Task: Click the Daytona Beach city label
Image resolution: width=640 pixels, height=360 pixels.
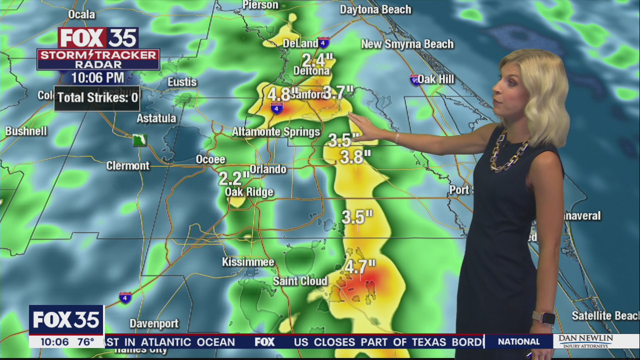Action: point(375,9)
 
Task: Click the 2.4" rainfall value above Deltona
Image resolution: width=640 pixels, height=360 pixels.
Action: point(317,60)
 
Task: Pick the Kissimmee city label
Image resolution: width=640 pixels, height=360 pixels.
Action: point(248,262)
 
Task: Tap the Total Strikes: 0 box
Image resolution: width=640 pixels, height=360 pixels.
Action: point(97,97)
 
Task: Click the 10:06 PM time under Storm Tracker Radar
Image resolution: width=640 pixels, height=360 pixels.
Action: point(97,77)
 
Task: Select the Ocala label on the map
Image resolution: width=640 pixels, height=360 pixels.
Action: point(81,14)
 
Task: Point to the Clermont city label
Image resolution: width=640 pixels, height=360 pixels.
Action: point(127,165)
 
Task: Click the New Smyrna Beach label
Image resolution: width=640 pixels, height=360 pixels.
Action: point(407,44)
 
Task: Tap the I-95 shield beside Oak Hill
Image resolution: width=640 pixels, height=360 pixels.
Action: point(415,80)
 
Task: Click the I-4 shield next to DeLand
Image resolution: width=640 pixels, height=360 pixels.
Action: point(323,43)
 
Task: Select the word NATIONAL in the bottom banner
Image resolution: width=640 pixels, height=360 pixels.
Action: point(519,341)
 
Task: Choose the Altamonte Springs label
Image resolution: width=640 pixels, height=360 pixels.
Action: point(275,132)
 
